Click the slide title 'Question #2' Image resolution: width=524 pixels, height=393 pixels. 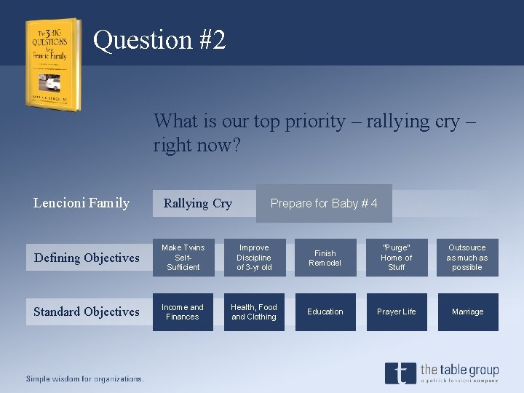click(159, 39)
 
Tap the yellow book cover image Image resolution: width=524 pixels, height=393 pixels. click(52, 64)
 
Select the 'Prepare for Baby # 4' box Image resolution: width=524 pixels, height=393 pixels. click(324, 203)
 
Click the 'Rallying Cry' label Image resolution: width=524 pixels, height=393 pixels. click(198, 203)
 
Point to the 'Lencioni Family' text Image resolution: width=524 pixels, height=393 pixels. click(82, 203)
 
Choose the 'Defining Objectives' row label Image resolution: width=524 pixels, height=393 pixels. click(87, 258)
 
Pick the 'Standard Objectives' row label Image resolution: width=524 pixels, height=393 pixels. click(87, 311)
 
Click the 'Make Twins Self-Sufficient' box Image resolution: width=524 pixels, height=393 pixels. click(183, 258)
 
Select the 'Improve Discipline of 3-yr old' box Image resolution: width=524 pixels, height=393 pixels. click(254, 258)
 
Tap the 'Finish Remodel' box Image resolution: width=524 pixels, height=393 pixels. click(325, 258)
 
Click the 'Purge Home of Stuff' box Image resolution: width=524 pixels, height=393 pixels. click(397, 258)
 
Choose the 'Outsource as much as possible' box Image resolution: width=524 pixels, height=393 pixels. click(467, 258)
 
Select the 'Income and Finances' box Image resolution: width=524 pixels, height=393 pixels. click(183, 311)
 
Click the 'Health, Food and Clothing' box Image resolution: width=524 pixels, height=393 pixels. click(254, 311)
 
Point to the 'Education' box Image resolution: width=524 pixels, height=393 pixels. click(325, 311)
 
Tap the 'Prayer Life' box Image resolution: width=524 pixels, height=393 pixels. click(397, 311)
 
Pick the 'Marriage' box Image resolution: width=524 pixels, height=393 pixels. click(467, 311)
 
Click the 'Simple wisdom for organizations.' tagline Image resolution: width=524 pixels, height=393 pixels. click(85, 378)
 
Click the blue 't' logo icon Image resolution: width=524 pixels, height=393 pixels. click(400, 373)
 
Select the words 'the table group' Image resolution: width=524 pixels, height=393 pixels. click(459, 370)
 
